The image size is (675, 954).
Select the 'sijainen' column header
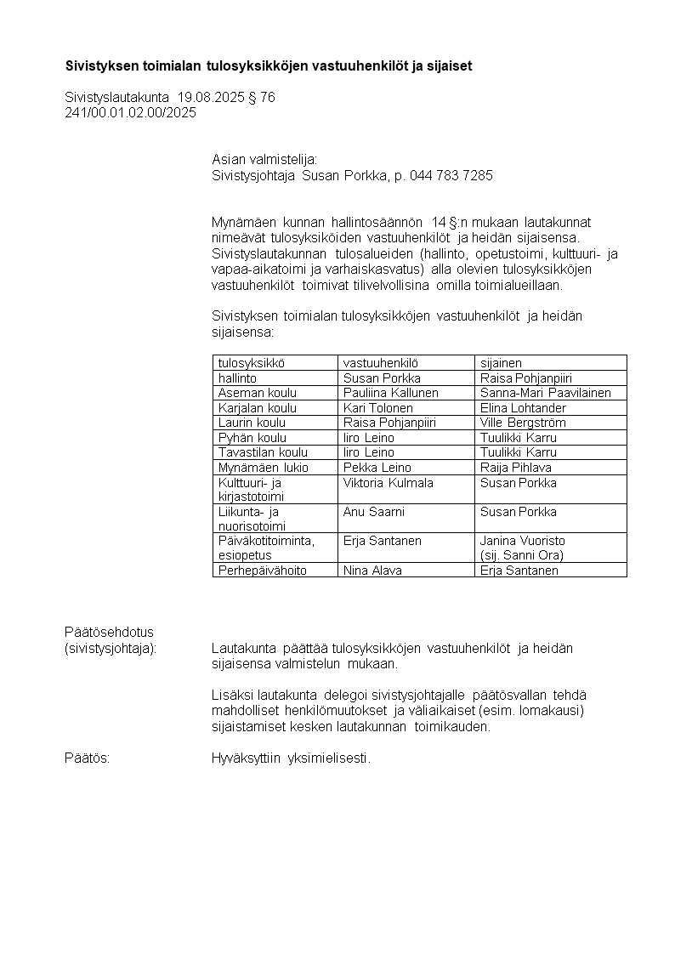(501, 363)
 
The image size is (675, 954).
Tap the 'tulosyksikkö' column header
(250, 363)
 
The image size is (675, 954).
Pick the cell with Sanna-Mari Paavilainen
(546, 393)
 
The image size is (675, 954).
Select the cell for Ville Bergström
(523, 423)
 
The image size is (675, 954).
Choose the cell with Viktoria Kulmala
(388, 483)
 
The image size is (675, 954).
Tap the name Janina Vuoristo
(523, 541)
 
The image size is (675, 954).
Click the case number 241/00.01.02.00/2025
(130, 113)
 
